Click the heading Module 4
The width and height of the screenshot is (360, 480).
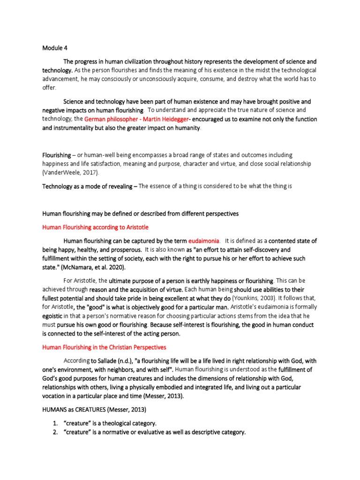pos(55,47)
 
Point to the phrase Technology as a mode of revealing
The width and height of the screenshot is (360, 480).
pos(87,186)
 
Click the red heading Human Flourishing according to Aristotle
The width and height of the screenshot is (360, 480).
pos(95,227)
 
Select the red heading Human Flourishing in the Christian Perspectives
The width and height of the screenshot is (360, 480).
pos(104,347)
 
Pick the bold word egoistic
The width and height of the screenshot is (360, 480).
pos(53,316)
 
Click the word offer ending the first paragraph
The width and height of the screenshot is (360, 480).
pos(49,88)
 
